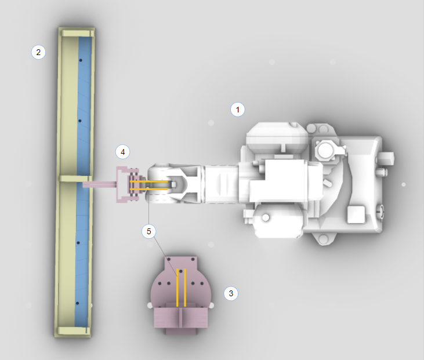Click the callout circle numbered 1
tap(237, 110)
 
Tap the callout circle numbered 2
tap(38, 52)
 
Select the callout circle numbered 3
tap(231, 293)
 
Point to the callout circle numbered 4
tap(122, 152)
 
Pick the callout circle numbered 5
tap(148, 231)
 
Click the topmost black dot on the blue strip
tap(81, 60)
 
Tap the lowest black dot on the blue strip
tap(77, 303)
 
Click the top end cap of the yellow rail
tap(78, 33)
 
